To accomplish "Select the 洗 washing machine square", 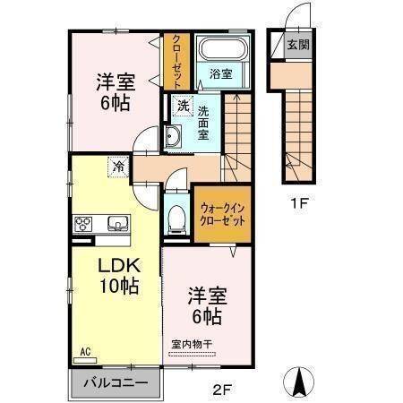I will [183, 106].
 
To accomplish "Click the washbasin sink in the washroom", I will [173, 136].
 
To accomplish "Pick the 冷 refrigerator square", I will [118, 166].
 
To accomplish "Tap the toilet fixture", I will [176, 217].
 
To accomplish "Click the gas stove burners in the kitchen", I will [84, 224].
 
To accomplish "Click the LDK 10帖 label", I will [117, 277].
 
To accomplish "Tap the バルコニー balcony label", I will [115, 382].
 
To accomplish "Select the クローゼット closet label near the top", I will [175, 60].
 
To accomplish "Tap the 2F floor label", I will [222, 389].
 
